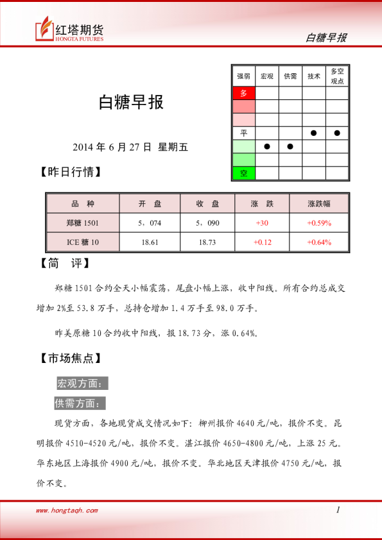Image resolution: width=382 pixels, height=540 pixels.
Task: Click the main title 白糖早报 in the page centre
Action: point(130,102)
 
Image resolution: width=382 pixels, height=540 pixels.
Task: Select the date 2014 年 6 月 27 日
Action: point(112,147)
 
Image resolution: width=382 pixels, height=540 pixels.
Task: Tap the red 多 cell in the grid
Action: point(243,93)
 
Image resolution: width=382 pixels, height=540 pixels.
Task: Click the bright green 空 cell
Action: point(243,173)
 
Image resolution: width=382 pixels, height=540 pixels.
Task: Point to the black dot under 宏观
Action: point(266,146)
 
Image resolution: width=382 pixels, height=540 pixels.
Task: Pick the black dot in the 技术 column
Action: point(313,133)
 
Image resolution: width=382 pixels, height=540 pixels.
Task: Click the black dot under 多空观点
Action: point(337,133)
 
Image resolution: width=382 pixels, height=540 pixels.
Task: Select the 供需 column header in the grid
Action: point(290,76)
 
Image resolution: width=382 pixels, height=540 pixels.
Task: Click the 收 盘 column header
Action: point(208,204)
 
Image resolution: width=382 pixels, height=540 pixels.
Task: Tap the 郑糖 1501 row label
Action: point(83,223)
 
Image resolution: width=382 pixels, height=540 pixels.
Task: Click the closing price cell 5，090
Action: point(208,223)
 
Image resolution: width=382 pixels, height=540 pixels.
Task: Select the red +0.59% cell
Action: point(319,223)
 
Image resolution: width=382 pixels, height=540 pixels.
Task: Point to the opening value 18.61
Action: point(150,242)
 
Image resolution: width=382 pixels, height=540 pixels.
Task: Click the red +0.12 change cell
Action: point(262,242)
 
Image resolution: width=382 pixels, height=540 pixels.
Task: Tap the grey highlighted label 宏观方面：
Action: point(82,384)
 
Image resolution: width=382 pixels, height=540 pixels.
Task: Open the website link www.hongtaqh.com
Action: point(67,510)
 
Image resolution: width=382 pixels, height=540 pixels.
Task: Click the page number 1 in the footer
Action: point(338,510)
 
